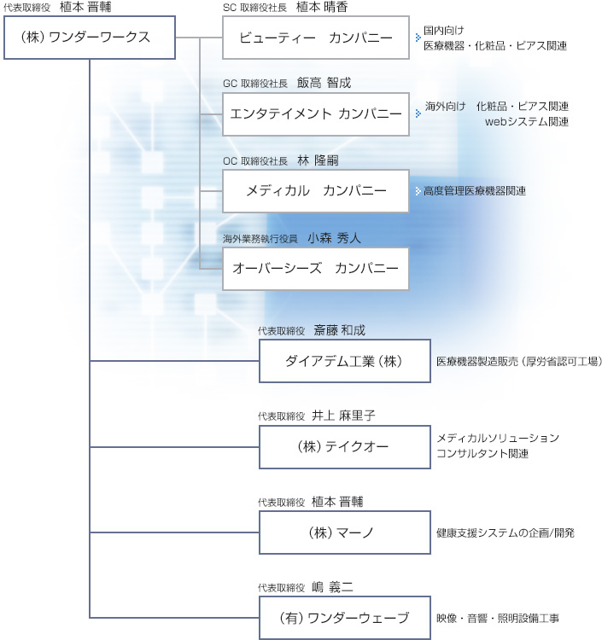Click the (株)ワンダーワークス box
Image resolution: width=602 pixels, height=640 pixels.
(90, 38)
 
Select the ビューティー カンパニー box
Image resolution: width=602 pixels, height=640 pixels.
(316, 38)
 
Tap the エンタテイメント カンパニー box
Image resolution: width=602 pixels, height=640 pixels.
(316, 114)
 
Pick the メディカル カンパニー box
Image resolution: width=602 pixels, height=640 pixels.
(316, 191)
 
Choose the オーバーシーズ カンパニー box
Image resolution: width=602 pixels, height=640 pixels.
(316, 269)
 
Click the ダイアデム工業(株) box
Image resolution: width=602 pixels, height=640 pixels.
(345, 361)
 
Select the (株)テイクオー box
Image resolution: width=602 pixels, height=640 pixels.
(345, 447)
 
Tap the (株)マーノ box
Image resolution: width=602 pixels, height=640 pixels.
(345, 532)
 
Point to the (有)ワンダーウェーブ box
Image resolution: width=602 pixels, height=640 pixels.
(345, 618)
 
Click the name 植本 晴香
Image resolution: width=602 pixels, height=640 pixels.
(322, 7)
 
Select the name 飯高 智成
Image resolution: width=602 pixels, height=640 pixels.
(324, 83)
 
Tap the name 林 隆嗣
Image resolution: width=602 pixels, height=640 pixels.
(319, 160)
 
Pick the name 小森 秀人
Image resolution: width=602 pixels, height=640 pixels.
(334, 238)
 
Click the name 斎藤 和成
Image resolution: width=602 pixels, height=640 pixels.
(339, 330)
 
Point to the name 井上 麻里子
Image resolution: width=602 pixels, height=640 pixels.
(343, 416)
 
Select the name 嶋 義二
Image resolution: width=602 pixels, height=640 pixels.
(332, 587)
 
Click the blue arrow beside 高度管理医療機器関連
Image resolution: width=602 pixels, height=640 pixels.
(418, 191)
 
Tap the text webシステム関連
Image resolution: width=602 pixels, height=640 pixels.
(527, 122)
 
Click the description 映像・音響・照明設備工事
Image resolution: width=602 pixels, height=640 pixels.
(498, 618)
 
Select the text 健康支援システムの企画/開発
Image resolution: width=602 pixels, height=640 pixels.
(506, 532)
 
